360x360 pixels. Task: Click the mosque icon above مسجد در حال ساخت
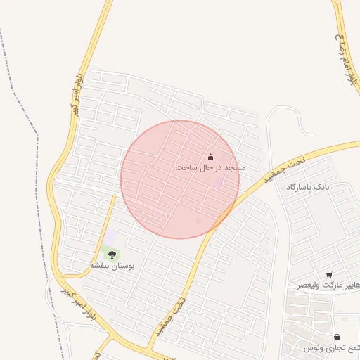210,157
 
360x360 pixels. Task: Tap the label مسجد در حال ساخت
210,168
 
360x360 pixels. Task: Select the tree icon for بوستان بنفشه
112,255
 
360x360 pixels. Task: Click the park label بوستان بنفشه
112,266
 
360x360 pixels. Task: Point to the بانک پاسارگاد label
307,186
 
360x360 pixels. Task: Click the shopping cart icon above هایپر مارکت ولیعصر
329,275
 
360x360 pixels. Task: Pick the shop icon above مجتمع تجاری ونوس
337,337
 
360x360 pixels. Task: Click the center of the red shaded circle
180,179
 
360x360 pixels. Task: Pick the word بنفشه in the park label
101,266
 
